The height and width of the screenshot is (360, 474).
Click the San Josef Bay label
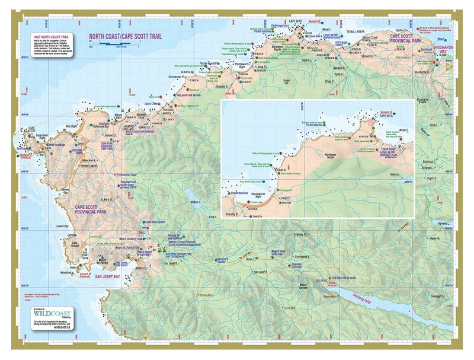pyautogui.click(x=108, y=276)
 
